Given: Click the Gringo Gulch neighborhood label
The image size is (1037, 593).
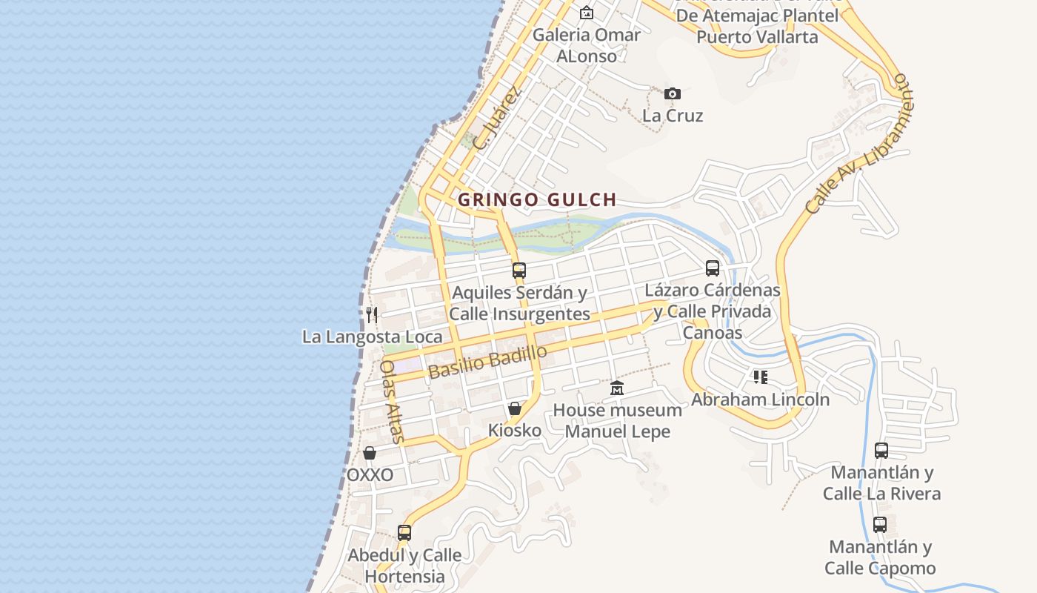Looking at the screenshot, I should [537, 199].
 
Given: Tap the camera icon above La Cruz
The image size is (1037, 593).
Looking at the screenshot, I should [672, 93].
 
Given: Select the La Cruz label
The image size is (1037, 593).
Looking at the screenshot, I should [673, 116].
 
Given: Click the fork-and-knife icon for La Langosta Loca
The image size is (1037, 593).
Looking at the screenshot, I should [372, 315].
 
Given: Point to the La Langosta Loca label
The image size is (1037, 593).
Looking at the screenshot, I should [372, 337].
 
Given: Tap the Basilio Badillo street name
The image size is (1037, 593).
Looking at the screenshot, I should [487, 362].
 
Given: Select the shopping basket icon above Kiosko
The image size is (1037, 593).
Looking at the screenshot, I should [515, 408].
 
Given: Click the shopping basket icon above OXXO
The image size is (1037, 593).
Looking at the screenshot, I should [370, 453].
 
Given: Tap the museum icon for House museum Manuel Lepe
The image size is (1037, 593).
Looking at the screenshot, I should [617, 388].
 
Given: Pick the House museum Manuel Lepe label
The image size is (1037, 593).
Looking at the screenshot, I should [618, 420].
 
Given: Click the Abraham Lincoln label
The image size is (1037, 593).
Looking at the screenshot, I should [761, 400].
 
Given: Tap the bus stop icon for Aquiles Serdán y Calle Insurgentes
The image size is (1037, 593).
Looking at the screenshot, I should [519, 271].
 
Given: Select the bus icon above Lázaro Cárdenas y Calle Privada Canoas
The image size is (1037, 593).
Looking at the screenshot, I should [713, 268].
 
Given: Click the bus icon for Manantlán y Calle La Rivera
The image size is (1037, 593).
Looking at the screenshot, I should [881, 450].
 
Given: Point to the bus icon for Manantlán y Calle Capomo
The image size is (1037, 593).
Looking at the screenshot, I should [880, 525].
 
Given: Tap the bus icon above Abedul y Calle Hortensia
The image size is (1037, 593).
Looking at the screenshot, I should [404, 532].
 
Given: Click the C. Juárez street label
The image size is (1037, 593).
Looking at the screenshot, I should [497, 119].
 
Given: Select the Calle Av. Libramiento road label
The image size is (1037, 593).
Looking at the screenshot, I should [859, 144].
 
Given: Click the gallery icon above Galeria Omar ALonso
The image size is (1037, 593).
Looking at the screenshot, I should [587, 13].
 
